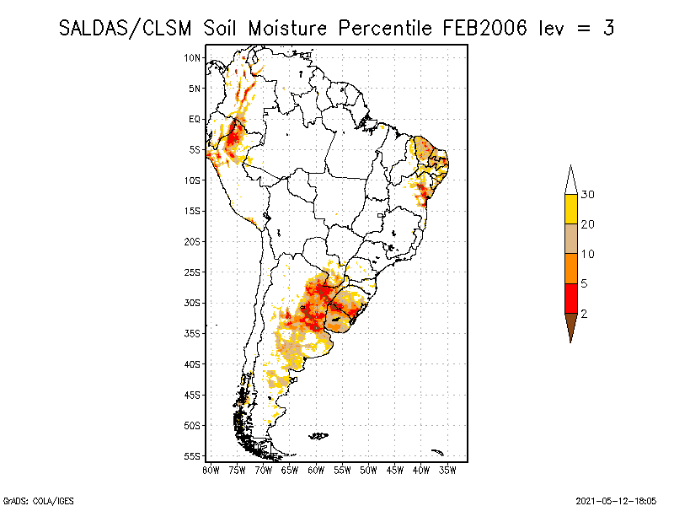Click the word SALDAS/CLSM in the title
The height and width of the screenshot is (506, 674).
127,28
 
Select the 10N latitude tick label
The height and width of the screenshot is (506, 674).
193,57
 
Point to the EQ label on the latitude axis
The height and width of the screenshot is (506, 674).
195,119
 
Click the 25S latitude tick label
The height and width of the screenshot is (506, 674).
193,272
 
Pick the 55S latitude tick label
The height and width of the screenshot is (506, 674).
193,456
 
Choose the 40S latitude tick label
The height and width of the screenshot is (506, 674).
193,364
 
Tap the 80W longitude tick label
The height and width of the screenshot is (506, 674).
211,469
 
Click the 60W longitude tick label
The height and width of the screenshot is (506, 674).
316,469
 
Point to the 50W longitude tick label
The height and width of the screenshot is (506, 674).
368,469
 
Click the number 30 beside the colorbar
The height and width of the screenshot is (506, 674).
588,195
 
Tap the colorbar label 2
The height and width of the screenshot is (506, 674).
584,313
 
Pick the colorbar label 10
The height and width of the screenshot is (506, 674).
588,254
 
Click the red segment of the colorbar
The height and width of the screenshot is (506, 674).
570,298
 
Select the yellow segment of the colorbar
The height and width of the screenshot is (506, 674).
570,209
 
